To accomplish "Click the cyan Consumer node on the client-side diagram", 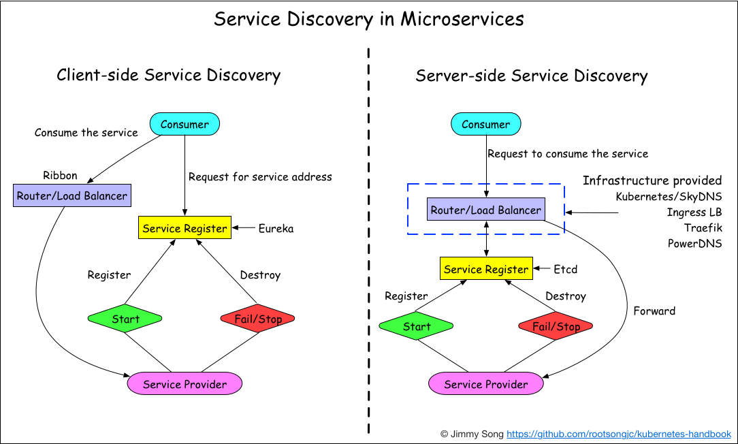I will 184,124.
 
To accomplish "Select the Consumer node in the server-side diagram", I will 485,124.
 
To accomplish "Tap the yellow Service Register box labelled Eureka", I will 184,228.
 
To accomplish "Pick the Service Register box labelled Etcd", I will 485,269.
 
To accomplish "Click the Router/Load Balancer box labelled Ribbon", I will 72,196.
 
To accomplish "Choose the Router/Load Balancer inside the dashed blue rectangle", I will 485,210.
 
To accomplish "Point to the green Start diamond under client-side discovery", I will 125,319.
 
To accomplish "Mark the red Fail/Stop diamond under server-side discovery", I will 556,326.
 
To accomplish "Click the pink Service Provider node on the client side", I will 184,384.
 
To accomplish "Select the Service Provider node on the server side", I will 485,384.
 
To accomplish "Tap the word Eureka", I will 276,229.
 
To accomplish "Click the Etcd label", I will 565,269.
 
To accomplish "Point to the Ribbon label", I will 60,176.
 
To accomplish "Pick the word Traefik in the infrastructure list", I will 703,227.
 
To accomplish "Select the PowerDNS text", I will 694,243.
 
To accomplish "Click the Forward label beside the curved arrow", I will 654,311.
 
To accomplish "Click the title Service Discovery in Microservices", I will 369,19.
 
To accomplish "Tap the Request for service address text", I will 260,177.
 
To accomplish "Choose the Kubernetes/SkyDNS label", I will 669,197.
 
